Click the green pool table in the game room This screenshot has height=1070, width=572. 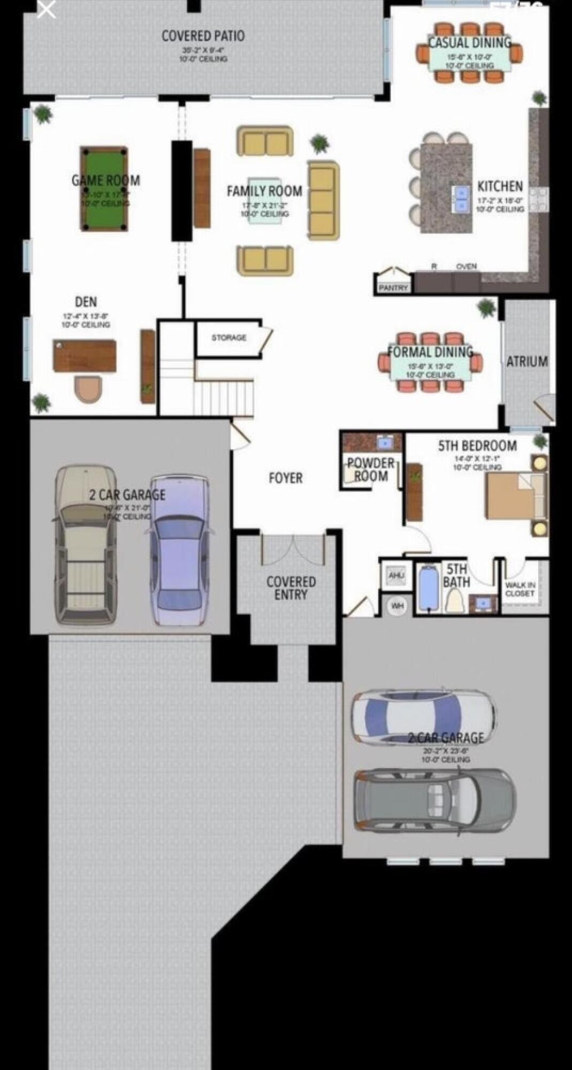coord(104,188)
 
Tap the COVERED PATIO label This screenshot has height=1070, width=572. coord(203,36)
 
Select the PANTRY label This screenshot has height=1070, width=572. coord(393,288)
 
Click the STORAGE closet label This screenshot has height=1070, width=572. coord(228,338)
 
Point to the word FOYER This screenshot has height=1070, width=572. coord(286,478)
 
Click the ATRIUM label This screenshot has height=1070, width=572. coord(527,362)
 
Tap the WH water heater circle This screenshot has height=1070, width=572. coord(397,606)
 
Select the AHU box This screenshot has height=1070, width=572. coord(396,576)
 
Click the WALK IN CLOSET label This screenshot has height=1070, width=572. coord(520,590)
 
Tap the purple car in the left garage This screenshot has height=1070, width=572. coord(179,551)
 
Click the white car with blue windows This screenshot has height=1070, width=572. coord(423,717)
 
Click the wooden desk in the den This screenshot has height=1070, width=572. coord(85,355)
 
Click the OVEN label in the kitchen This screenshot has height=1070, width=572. coord(466,266)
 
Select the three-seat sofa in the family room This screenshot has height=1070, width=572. coord(323,200)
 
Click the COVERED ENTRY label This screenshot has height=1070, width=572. coord(291,588)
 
